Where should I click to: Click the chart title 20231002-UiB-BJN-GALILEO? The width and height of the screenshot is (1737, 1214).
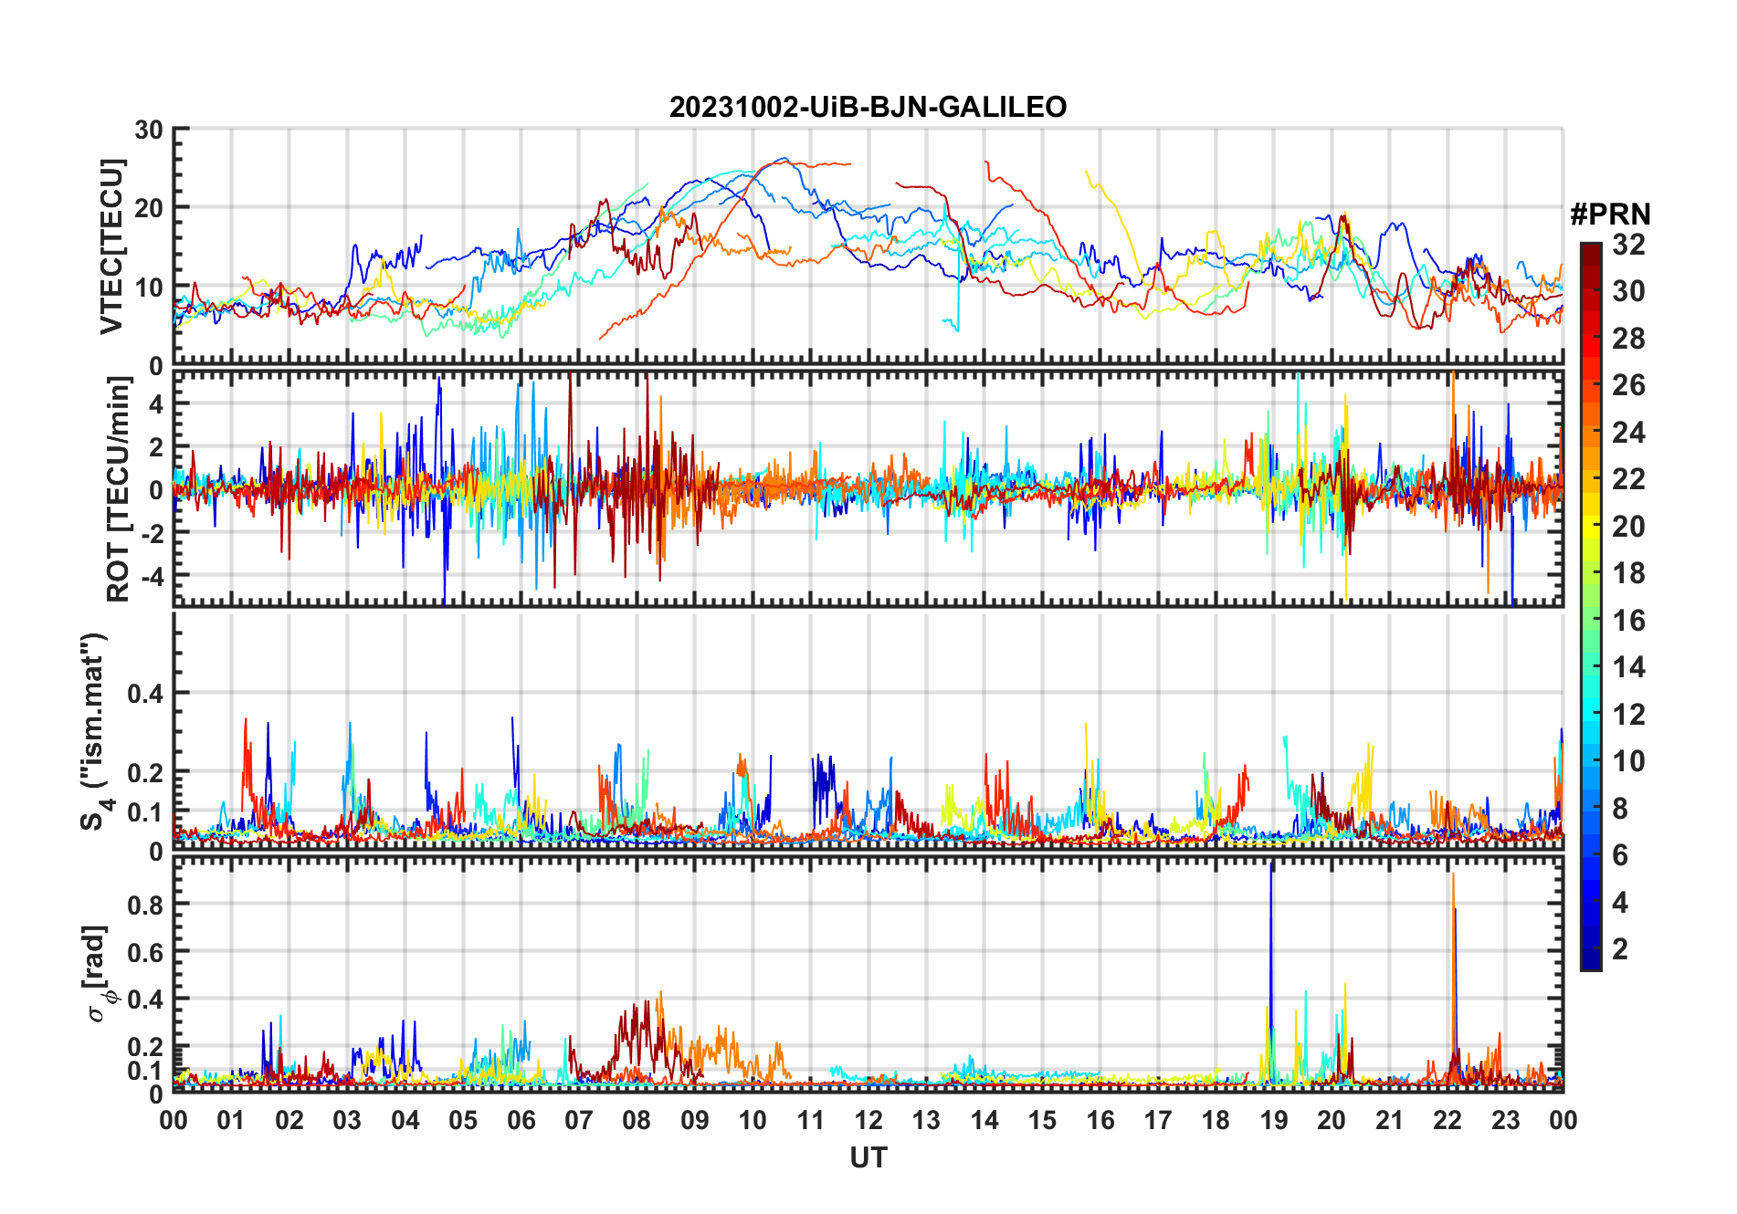coord(868,107)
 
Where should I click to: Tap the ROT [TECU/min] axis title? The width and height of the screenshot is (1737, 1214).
coord(118,488)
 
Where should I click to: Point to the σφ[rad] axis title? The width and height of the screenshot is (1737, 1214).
coord(98,974)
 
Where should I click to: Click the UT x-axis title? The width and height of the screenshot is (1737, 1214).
coord(868,1158)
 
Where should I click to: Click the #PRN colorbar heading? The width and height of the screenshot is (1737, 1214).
coord(1610,215)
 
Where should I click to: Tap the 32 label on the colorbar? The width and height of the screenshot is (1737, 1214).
coord(1628,245)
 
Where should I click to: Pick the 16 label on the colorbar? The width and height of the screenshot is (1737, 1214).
coord(1628,621)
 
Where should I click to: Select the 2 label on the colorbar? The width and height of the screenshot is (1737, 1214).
coord(1620,949)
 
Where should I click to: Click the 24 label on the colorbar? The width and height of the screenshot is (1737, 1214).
coord(1628,433)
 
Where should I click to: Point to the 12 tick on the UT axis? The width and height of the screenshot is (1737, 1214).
coord(868,1120)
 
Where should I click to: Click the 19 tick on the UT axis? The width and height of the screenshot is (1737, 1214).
coord(1274,1120)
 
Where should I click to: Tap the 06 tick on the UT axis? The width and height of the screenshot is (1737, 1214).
coord(521,1120)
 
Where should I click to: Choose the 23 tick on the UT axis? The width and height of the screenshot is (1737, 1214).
coord(1505,1120)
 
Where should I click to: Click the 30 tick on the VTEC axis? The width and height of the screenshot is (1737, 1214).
coord(148,130)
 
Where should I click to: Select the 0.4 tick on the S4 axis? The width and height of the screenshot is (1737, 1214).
coord(145,694)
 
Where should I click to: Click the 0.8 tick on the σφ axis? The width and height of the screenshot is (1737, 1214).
coord(145,905)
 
